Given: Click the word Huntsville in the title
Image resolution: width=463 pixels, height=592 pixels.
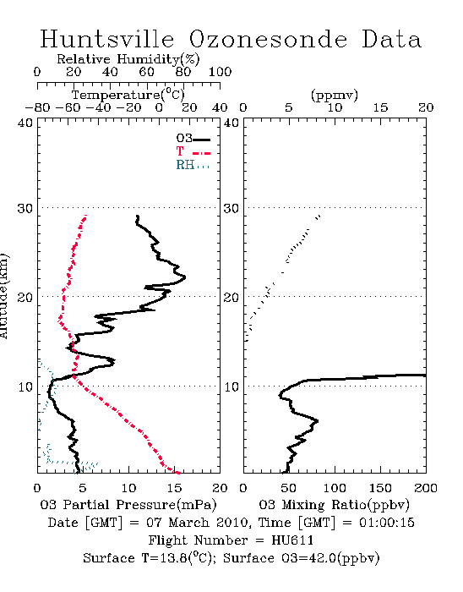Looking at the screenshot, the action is (107, 39).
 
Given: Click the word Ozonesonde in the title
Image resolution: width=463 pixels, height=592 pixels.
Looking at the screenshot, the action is (268, 39).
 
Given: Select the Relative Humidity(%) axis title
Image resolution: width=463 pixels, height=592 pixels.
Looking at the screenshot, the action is (128, 59).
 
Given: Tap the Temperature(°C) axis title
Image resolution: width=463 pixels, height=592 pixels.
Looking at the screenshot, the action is (128, 95).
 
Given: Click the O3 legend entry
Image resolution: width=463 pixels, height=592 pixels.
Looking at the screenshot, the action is (193, 139).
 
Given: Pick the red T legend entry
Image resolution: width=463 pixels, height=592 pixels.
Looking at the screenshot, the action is (193, 152).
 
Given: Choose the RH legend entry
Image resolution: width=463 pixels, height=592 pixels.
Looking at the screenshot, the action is (193, 165).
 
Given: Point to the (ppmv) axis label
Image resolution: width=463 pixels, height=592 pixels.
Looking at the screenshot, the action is (335, 95).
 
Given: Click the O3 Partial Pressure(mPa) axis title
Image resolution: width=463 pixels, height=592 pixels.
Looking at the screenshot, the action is (128, 505).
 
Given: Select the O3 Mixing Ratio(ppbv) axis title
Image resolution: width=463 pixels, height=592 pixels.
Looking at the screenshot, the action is (334, 505).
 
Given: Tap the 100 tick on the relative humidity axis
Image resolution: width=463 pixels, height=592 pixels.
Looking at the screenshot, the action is (220, 71).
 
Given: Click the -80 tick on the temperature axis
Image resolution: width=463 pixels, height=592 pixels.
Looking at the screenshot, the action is (37, 107).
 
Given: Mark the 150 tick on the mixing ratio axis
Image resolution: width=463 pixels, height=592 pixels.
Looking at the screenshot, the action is (380, 488).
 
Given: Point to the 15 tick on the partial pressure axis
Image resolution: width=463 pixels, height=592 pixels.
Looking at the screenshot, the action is (174, 488).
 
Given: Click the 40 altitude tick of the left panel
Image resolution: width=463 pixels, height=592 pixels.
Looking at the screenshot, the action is (25, 123).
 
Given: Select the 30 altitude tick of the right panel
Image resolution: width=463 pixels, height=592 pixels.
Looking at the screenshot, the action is (231, 208).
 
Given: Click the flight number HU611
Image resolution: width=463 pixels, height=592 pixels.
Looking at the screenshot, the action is (292, 540).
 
